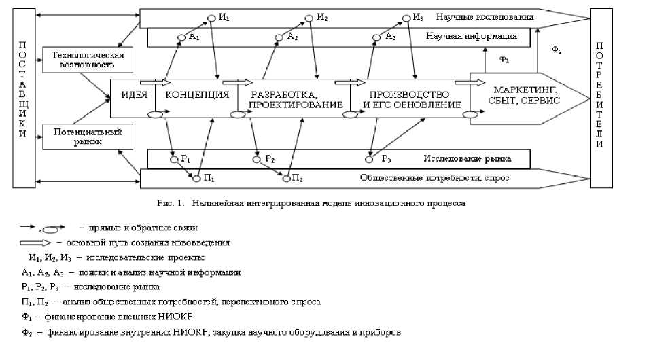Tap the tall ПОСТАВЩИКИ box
click(23, 98)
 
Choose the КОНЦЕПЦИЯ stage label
click(197, 94)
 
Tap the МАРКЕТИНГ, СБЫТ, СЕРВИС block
click(526, 96)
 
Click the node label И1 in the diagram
click(224, 16)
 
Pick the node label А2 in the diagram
click(292, 37)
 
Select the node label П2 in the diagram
click(297, 178)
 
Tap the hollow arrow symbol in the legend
click(36, 242)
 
